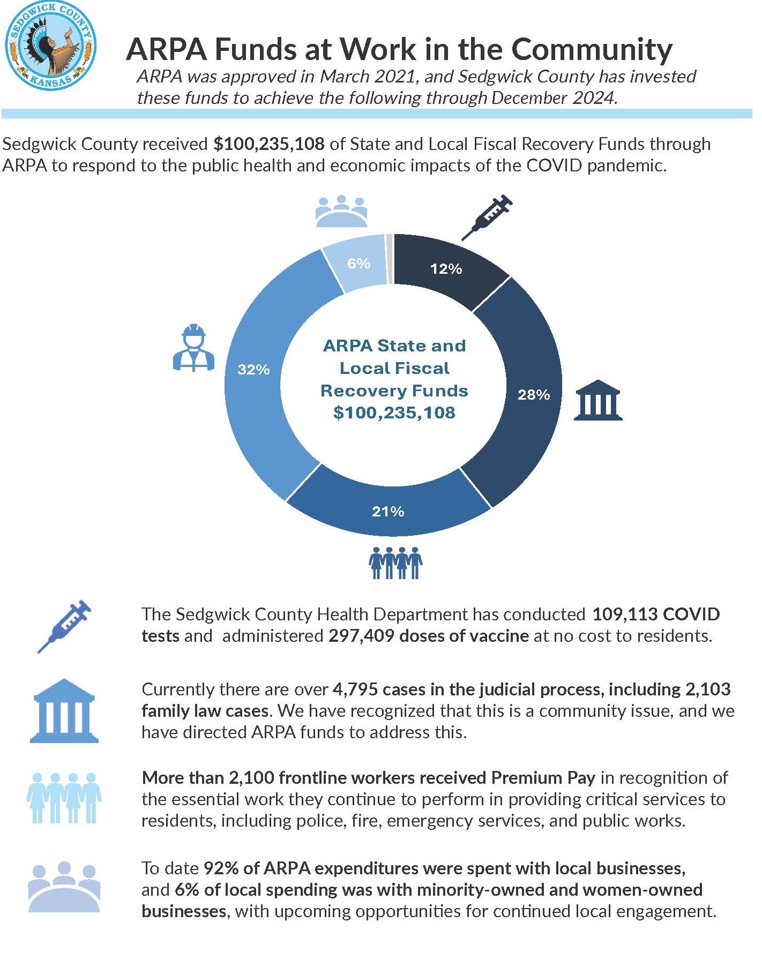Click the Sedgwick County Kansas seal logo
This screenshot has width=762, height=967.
coord(50,46)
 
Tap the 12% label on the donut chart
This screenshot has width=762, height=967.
coord(446,268)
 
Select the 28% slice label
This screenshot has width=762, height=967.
coord(533,395)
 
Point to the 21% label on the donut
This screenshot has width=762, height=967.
coord(388,512)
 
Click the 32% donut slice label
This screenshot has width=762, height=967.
coord(253,369)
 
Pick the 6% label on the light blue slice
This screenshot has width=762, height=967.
coord(358,263)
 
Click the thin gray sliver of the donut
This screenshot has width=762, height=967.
coord(390,259)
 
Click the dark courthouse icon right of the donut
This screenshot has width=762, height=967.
coord(597,400)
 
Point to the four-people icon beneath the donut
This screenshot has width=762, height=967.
coord(395,563)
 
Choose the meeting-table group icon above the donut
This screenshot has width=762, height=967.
coord(341,211)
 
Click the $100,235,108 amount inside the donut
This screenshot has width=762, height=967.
coord(394,413)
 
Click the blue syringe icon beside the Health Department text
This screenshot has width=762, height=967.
coord(64,626)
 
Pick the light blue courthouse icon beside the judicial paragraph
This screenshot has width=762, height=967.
coord(64,710)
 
